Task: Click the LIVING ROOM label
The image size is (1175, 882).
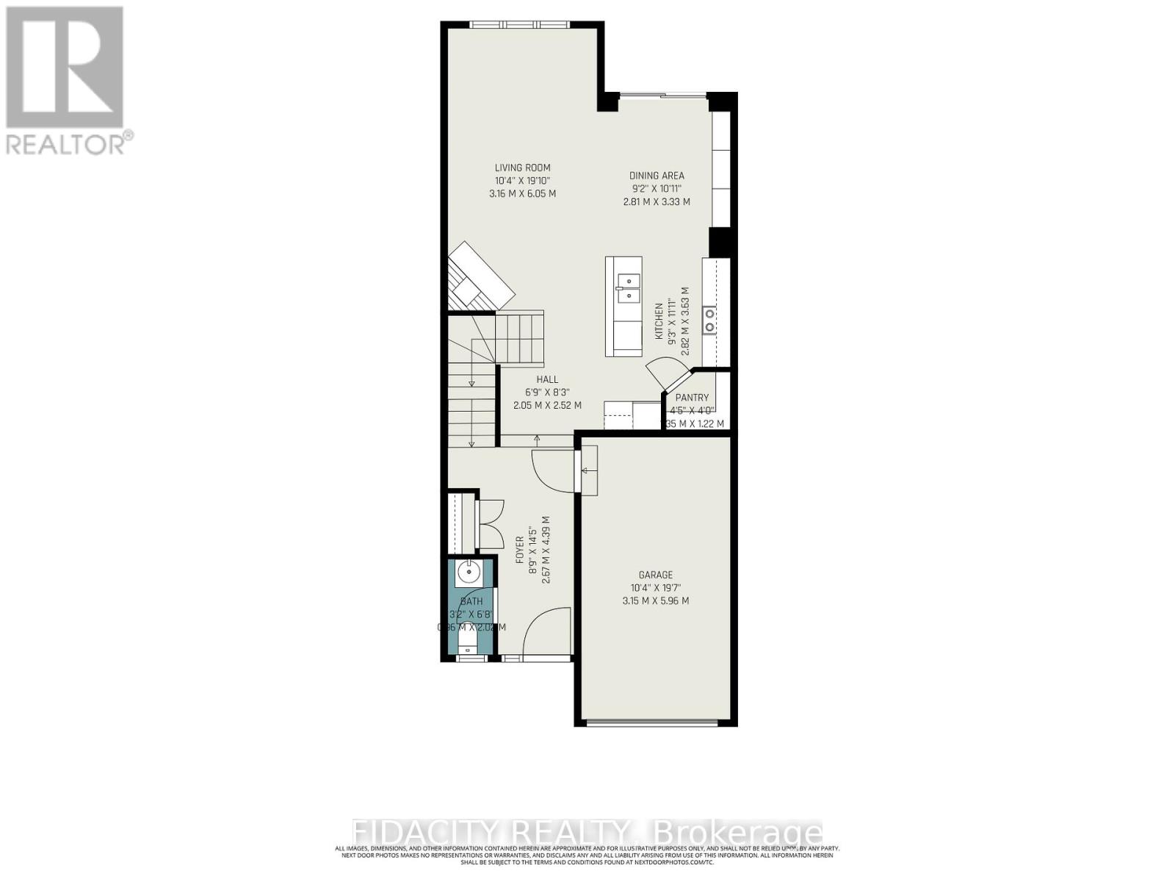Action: (x=522, y=168)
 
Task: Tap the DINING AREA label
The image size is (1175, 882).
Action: (x=657, y=176)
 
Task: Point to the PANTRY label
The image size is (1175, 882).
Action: (x=692, y=398)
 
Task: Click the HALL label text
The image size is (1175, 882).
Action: (x=546, y=379)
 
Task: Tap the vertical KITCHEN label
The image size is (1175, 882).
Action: (x=659, y=320)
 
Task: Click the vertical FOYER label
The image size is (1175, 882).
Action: (x=520, y=550)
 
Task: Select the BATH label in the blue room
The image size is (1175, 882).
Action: (x=471, y=601)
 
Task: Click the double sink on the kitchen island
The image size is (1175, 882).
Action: (x=629, y=288)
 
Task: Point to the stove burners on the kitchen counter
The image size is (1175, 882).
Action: (x=709, y=320)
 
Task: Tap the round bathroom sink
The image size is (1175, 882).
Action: (x=467, y=571)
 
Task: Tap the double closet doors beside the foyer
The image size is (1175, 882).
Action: (x=489, y=523)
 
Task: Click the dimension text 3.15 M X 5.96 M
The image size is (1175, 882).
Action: (x=655, y=600)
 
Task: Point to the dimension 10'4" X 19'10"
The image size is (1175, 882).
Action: (x=522, y=181)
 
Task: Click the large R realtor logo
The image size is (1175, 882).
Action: (x=65, y=68)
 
